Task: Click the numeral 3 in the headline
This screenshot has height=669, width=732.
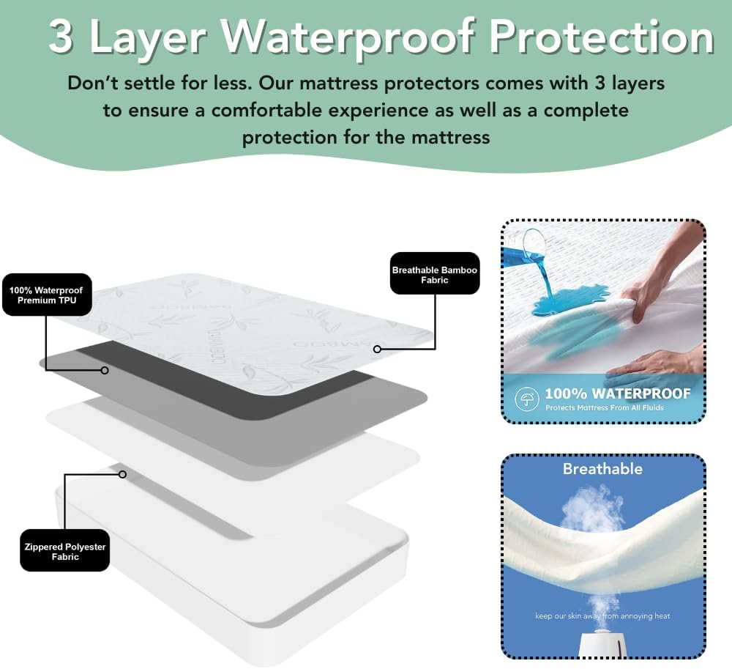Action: tap(61, 37)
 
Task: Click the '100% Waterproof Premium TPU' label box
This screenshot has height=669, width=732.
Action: tap(46, 295)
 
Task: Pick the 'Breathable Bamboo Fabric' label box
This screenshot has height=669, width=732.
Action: tap(434, 275)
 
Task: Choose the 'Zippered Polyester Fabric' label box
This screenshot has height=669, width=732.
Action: tap(64, 552)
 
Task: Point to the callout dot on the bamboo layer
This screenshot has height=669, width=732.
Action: tap(377, 350)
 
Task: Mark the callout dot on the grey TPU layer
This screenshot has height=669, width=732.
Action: tap(105, 370)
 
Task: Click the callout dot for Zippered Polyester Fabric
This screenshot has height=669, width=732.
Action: tap(123, 474)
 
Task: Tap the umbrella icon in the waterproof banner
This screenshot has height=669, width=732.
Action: tap(525, 399)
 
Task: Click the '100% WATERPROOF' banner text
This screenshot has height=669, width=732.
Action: tap(617, 394)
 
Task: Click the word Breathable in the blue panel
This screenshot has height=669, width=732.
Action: tap(602, 469)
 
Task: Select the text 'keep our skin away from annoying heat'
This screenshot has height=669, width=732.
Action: tap(602, 616)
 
